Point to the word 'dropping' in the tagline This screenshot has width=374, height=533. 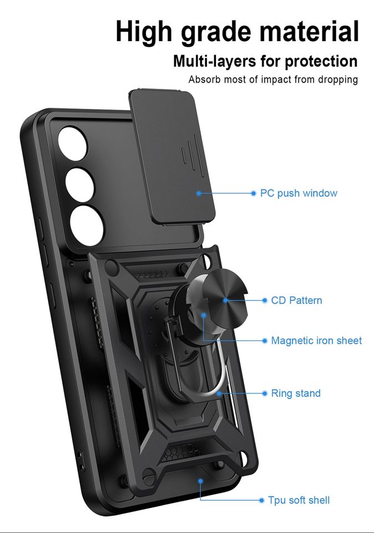click(x=337, y=79)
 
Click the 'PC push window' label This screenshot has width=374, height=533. click(x=299, y=193)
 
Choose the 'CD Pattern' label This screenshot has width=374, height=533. click(x=296, y=300)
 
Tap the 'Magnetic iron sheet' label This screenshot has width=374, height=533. click(x=316, y=340)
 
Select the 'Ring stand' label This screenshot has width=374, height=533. click(x=296, y=393)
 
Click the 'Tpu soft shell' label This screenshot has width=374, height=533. click(x=299, y=500)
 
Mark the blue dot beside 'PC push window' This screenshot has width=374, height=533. click(x=254, y=193)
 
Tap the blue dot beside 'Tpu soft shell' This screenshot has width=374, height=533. click(x=261, y=500)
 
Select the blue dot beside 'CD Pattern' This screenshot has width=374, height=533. click(x=265, y=300)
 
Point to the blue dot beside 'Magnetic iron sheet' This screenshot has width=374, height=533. click(x=265, y=340)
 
